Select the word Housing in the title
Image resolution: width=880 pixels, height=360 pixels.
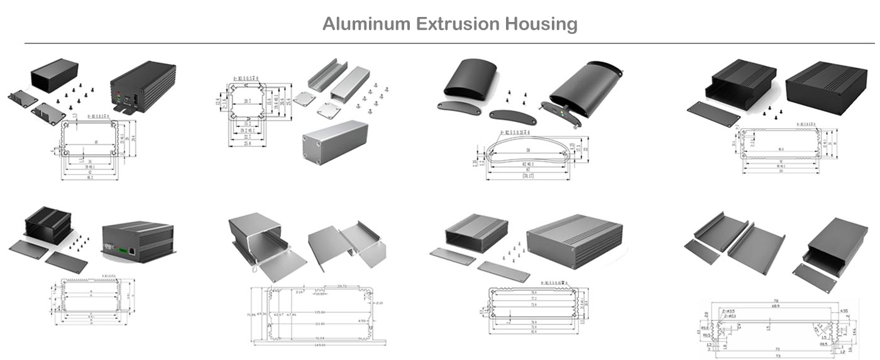coord(542,25)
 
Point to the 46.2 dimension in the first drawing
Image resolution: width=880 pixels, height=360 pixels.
coord(88,178)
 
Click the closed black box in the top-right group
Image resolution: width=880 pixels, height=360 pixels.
coord(823,84)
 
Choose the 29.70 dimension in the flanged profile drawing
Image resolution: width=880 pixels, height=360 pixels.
coord(342,286)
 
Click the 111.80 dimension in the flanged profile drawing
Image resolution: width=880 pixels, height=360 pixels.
coord(320,324)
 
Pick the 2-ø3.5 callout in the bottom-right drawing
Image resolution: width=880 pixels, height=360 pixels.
coord(729,311)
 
